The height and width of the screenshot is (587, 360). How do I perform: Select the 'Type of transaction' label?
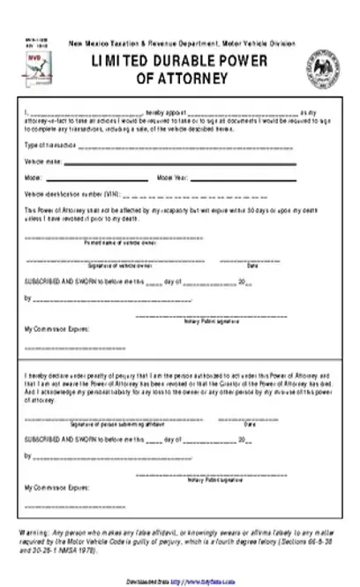[x=46, y=144]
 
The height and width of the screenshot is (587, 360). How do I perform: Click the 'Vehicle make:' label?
[x=41, y=161]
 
